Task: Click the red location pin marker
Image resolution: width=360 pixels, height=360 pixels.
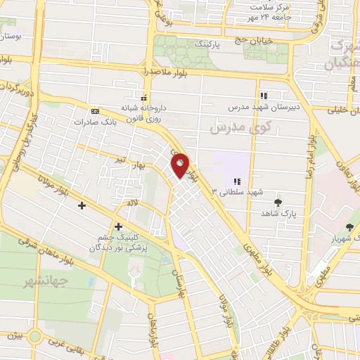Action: tap(181, 165)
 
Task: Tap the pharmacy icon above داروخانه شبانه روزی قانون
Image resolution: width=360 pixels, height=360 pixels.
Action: tap(144, 98)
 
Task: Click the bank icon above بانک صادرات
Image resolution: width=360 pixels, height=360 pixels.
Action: tap(95, 111)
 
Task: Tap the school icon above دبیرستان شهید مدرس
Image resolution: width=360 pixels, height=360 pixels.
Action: tap(264, 96)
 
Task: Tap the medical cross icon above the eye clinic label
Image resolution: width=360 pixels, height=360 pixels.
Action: tap(117, 227)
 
